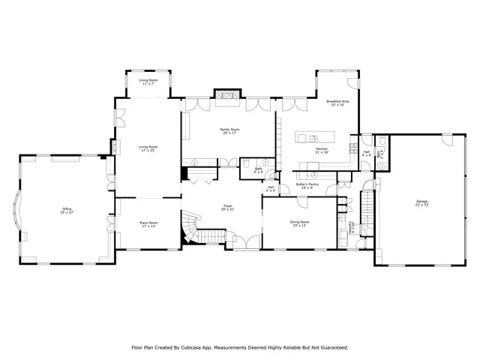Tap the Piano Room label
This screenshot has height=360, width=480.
pos(148,223)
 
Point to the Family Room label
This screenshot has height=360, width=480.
pos(229,131)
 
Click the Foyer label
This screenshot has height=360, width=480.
pos(227,207)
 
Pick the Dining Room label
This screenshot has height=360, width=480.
pos(299,223)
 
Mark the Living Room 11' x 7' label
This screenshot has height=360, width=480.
pos(148,82)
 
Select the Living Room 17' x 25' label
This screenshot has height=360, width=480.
pos(148,148)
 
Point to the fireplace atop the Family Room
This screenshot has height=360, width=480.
pos(227,94)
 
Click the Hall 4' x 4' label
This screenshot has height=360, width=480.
pos(270,188)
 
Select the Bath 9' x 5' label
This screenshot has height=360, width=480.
pos(258,170)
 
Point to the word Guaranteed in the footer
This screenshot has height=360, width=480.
pos(331,348)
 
